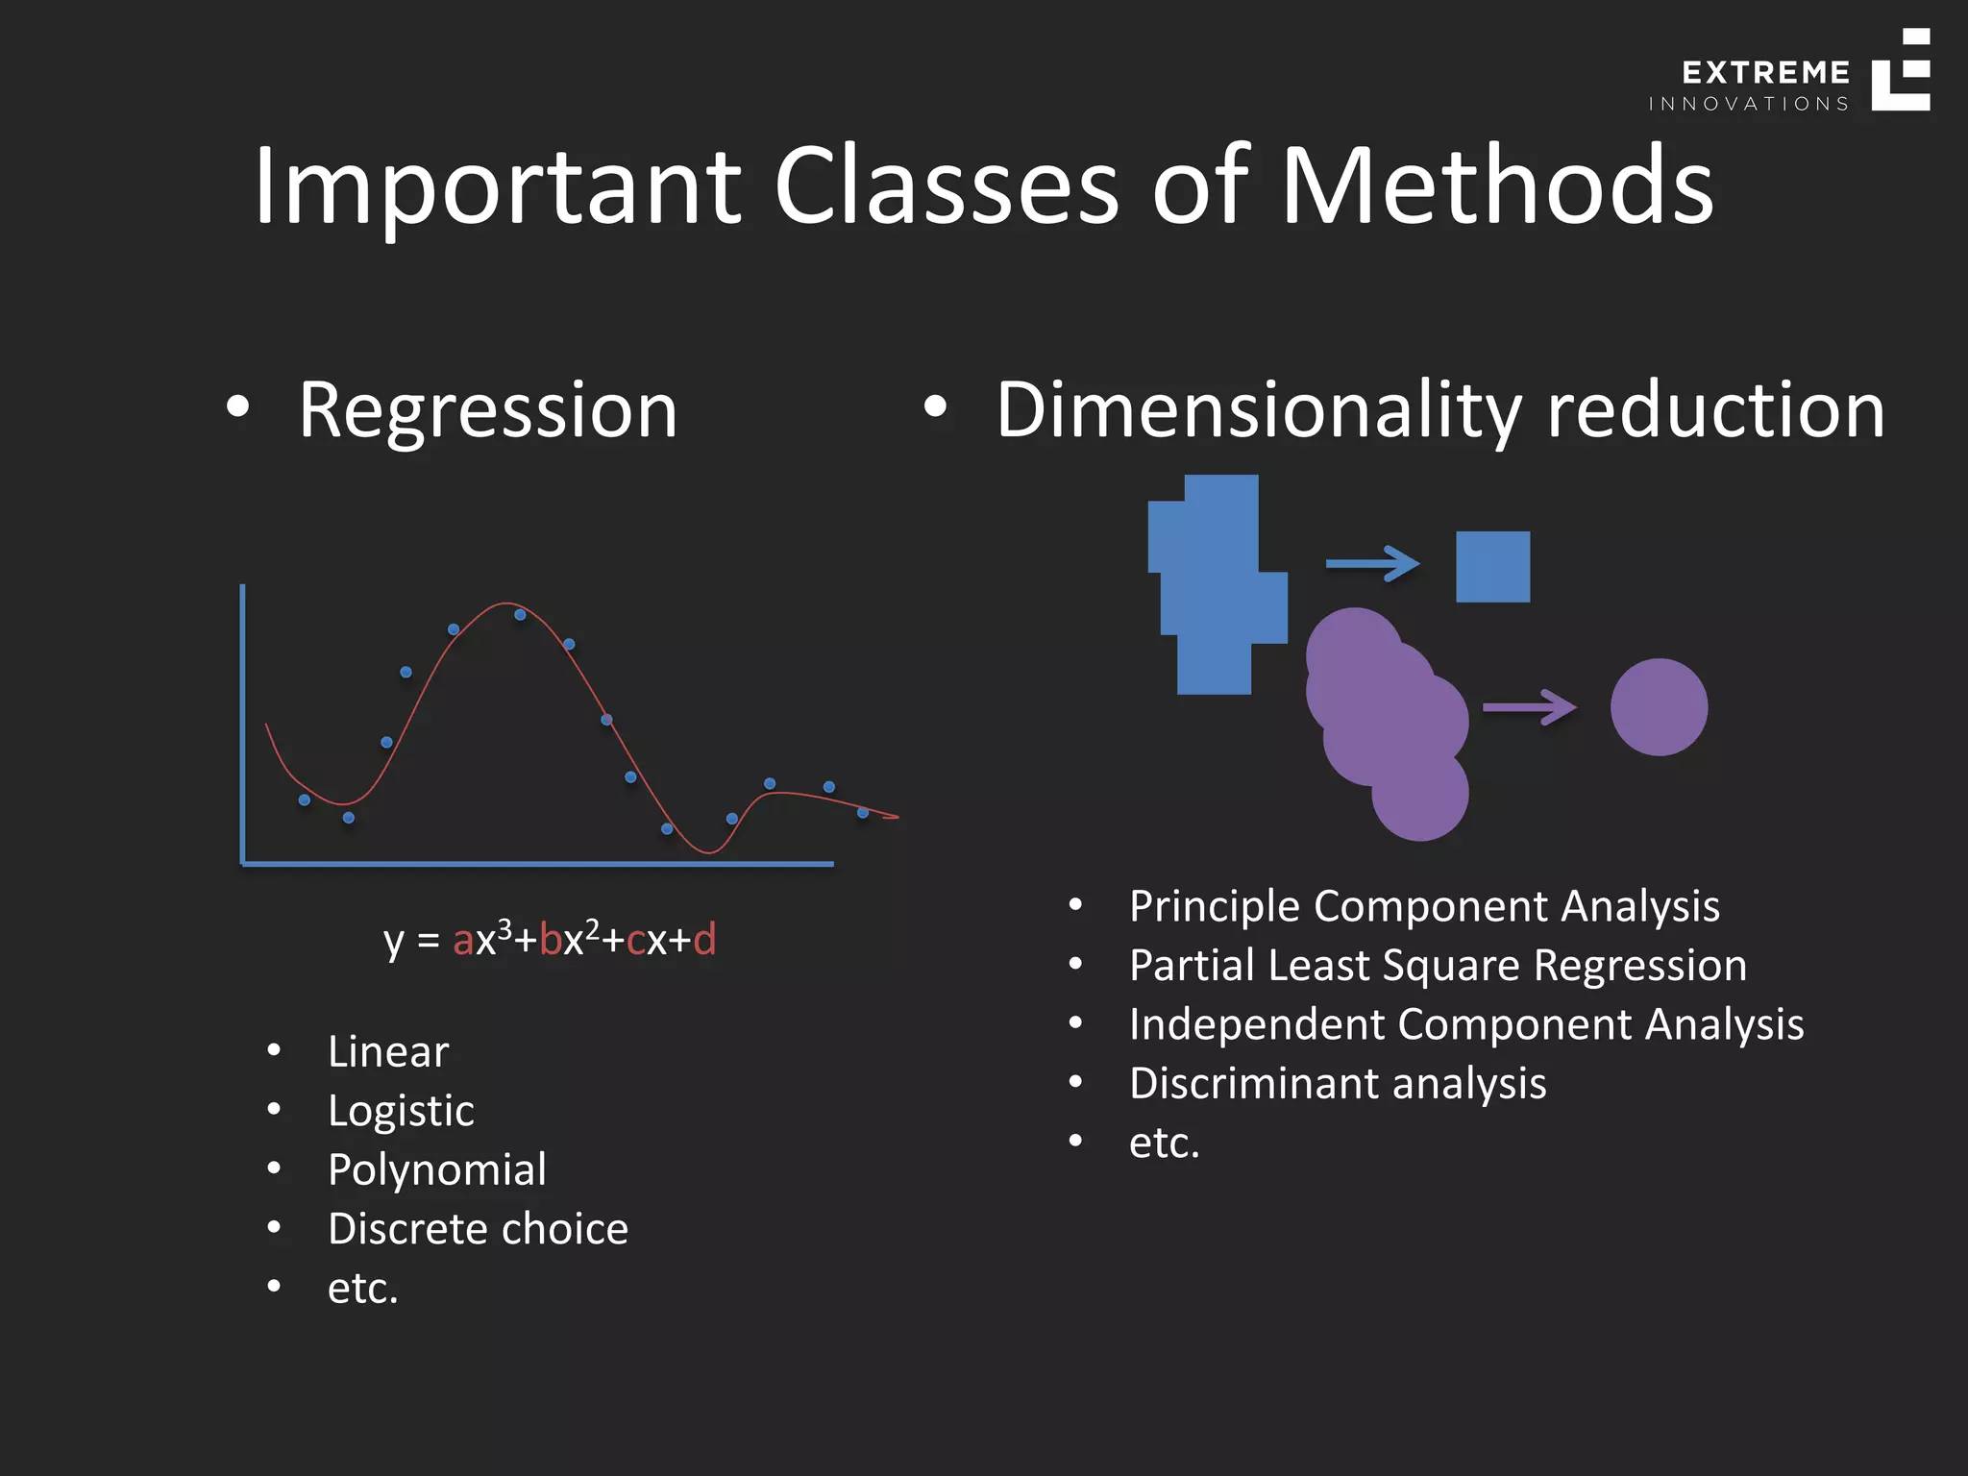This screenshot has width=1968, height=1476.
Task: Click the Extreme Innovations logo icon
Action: point(1900,71)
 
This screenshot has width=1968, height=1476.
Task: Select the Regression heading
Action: point(487,410)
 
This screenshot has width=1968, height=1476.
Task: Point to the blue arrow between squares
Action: point(1371,563)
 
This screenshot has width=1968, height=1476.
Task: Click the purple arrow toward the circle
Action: point(1529,707)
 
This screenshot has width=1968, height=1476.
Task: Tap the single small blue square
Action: point(1492,567)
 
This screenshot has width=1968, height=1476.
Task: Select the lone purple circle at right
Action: point(1659,707)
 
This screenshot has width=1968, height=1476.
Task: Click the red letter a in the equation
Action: point(462,941)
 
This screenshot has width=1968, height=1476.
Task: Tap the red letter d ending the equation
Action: point(704,939)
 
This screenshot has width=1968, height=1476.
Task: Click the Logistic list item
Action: point(401,1111)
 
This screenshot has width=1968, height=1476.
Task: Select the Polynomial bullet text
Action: point(436,1170)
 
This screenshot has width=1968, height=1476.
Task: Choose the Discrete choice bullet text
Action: point(478,1229)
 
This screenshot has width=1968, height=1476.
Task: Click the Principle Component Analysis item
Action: point(1424,906)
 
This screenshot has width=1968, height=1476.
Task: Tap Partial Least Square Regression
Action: point(1438,966)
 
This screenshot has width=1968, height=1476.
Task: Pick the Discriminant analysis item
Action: point(1338,1084)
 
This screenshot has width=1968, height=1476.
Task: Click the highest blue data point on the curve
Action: point(520,614)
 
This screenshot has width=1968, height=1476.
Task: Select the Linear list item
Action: point(387,1052)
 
